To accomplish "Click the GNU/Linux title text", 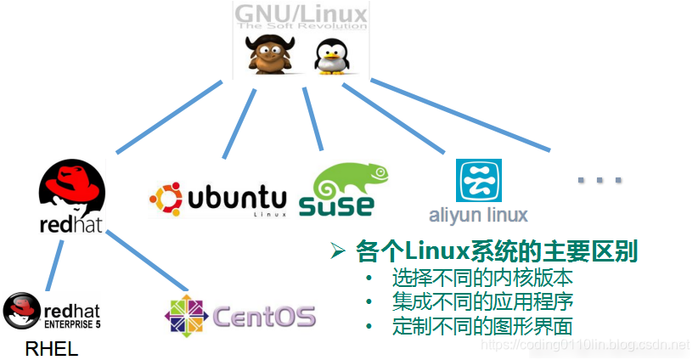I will (x=301, y=14).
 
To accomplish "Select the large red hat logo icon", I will (x=72, y=188).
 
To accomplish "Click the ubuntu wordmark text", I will (x=238, y=199).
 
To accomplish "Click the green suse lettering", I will (x=337, y=205).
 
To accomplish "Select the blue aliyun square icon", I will (x=479, y=181).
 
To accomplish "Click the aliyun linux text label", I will (x=479, y=214).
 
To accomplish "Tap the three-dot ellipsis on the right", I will (x=599, y=180).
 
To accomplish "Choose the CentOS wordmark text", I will (x=263, y=318).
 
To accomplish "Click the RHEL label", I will (x=52, y=348).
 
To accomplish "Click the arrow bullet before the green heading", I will (x=338, y=251).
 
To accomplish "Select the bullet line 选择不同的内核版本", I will (x=482, y=278).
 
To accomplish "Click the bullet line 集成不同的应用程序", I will (x=482, y=301).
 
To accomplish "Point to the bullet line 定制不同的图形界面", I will (x=482, y=326).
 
